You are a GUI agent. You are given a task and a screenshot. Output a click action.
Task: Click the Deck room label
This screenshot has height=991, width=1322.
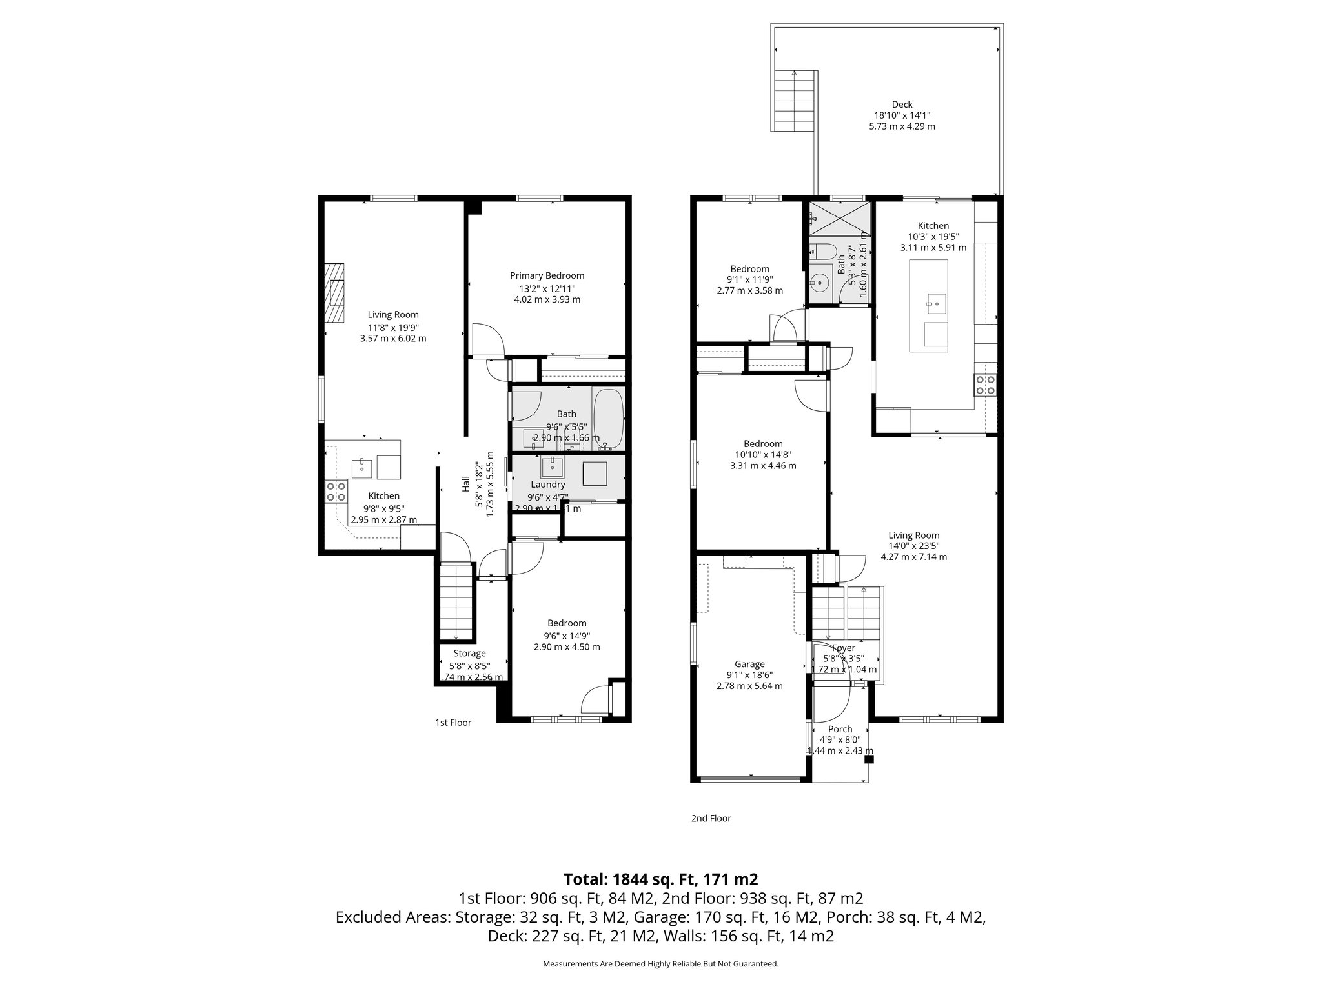point(902,105)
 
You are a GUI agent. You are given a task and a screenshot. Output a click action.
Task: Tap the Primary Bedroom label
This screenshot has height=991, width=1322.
point(547,275)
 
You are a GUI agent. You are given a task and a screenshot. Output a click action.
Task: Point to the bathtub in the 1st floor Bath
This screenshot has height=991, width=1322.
point(608,419)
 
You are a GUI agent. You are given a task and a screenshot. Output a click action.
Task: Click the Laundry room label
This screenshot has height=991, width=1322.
point(547,485)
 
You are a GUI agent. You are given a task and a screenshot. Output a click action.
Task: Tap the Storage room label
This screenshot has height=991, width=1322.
point(469,654)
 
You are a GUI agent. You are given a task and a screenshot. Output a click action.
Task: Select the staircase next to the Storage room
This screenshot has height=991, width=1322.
point(458,601)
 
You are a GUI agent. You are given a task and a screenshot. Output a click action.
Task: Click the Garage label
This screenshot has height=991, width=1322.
point(749,664)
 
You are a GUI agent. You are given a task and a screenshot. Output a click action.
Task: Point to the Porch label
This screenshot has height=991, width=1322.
point(840,729)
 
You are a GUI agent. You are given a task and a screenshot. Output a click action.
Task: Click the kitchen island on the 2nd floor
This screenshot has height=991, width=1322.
point(928,306)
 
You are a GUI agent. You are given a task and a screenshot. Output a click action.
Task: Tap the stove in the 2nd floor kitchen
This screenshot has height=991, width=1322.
point(985,385)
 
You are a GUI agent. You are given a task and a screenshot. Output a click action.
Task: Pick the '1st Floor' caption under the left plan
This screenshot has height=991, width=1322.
point(453,723)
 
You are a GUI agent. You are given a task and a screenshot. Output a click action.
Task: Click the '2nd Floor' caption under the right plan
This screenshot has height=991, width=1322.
point(711,818)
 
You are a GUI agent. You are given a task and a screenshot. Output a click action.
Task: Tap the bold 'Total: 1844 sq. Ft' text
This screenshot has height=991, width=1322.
point(660,879)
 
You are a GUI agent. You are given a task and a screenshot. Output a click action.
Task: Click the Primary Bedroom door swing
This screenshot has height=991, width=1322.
point(487,339)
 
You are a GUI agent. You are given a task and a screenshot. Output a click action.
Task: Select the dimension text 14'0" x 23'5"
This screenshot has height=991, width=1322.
point(913,546)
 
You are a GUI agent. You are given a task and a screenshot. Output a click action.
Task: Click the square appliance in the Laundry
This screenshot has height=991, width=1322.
point(595,474)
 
